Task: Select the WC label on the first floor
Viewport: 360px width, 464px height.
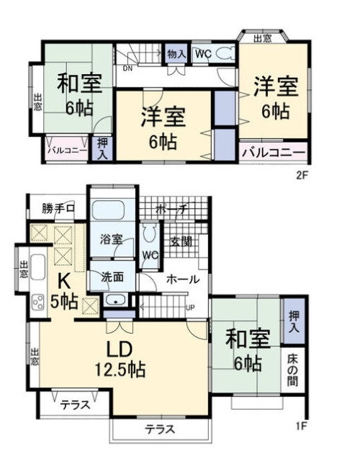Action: point(151,255)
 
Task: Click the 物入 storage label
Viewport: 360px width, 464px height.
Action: point(176,54)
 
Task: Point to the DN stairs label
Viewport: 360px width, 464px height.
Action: point(127,69)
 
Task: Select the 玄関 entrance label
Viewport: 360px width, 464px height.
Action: point(181,241)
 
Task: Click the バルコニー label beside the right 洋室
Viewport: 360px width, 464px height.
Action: point(273,152)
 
